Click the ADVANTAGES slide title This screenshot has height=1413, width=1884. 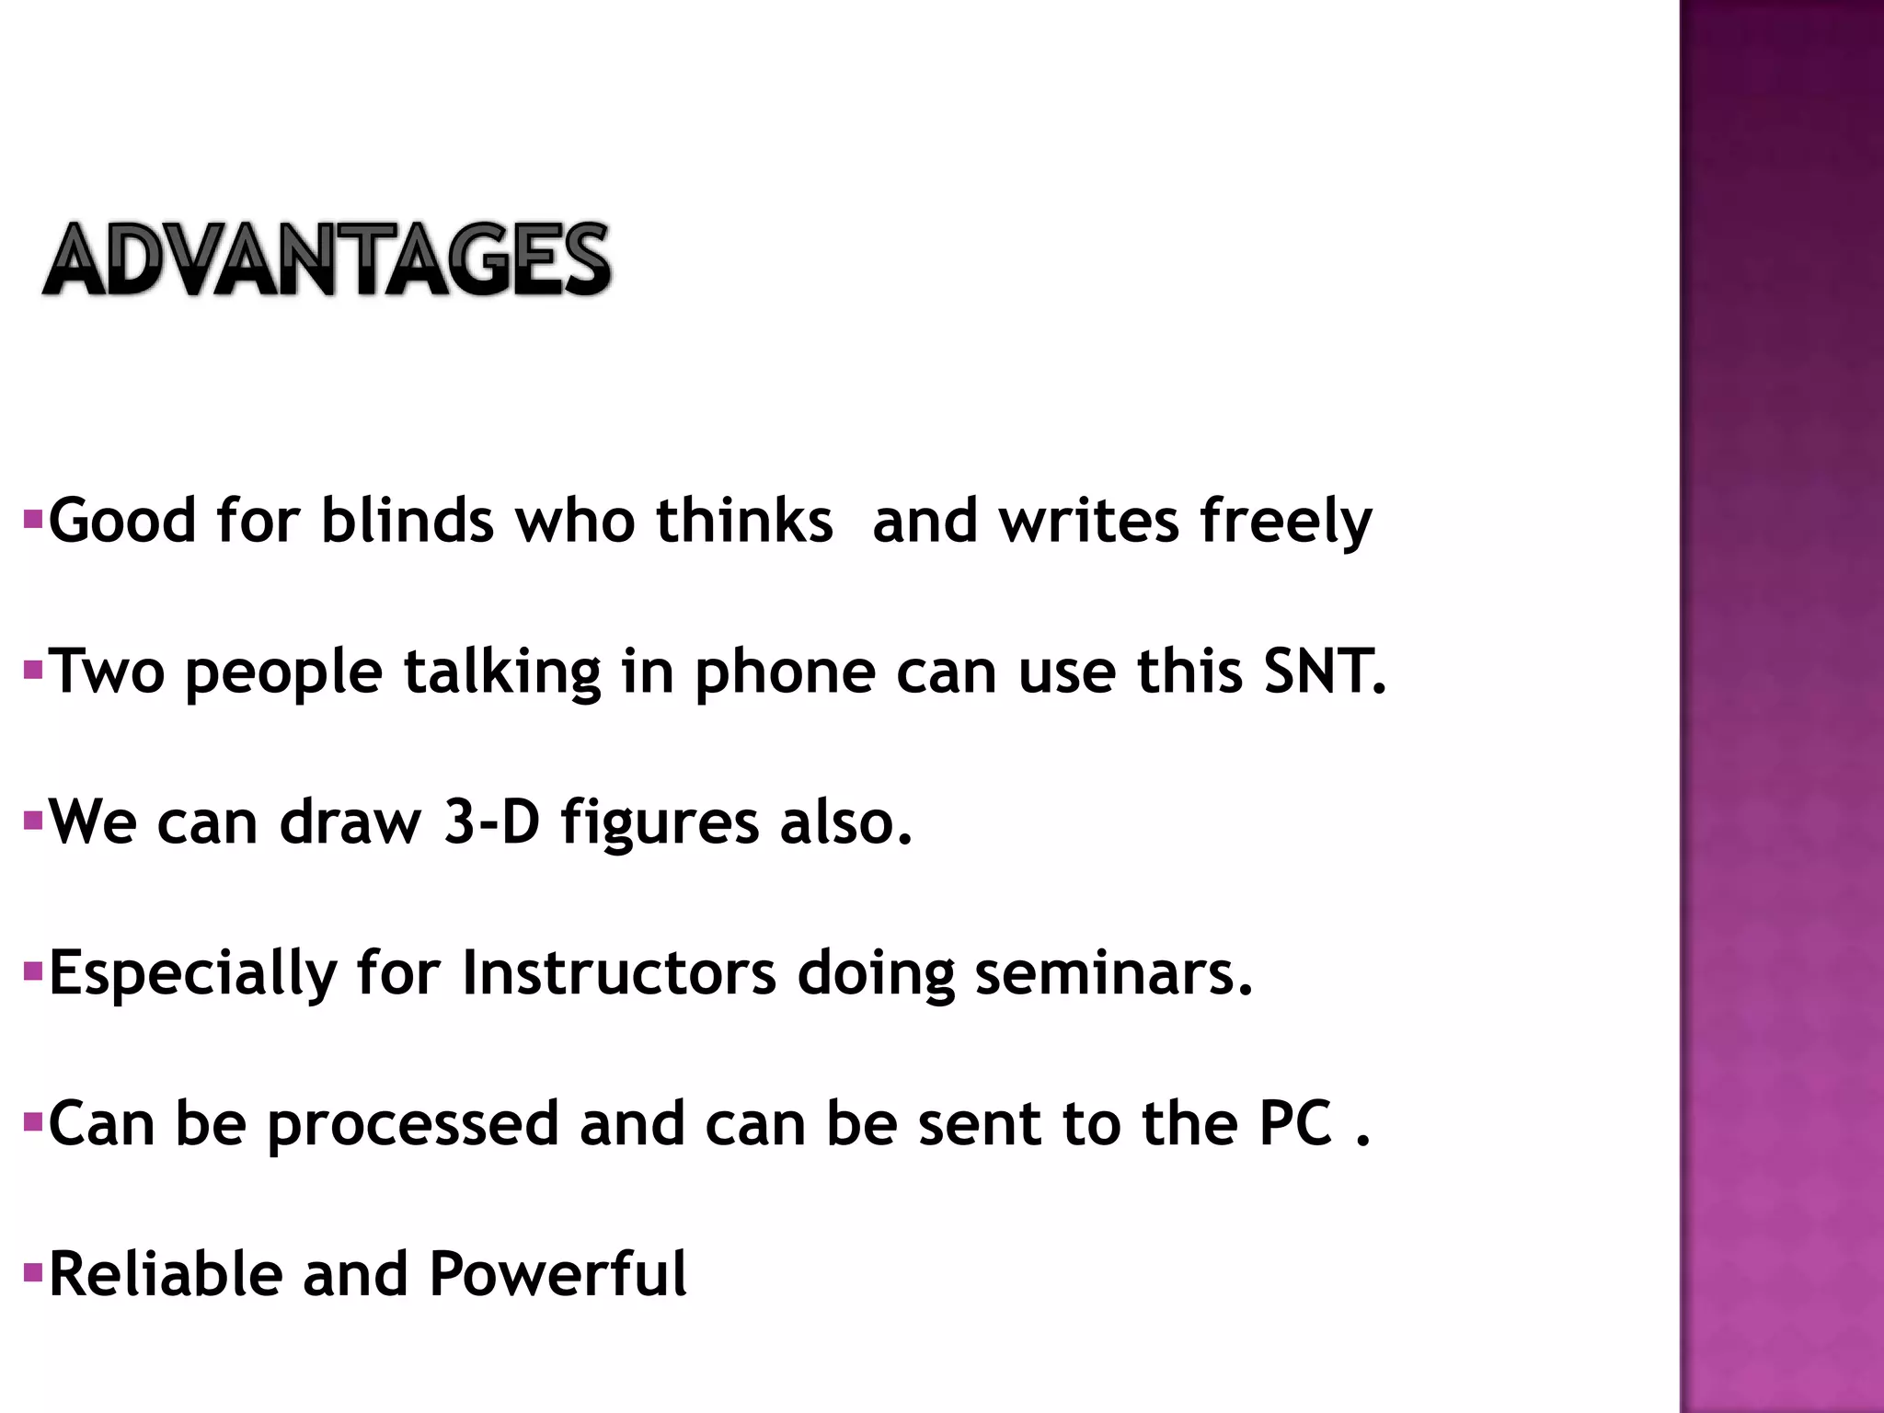327,260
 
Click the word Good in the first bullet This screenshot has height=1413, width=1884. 122,521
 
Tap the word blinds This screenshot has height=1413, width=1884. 407,521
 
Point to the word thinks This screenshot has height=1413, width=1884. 744,521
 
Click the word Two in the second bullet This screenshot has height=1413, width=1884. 106,672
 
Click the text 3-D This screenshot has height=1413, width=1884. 491,821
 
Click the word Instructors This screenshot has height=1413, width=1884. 618,973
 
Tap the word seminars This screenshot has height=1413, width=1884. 1113,973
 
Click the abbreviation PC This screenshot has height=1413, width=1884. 1295,1123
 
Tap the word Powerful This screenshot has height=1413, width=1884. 557,1274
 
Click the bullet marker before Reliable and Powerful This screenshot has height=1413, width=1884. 33,1273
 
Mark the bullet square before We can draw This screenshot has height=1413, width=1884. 33,821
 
